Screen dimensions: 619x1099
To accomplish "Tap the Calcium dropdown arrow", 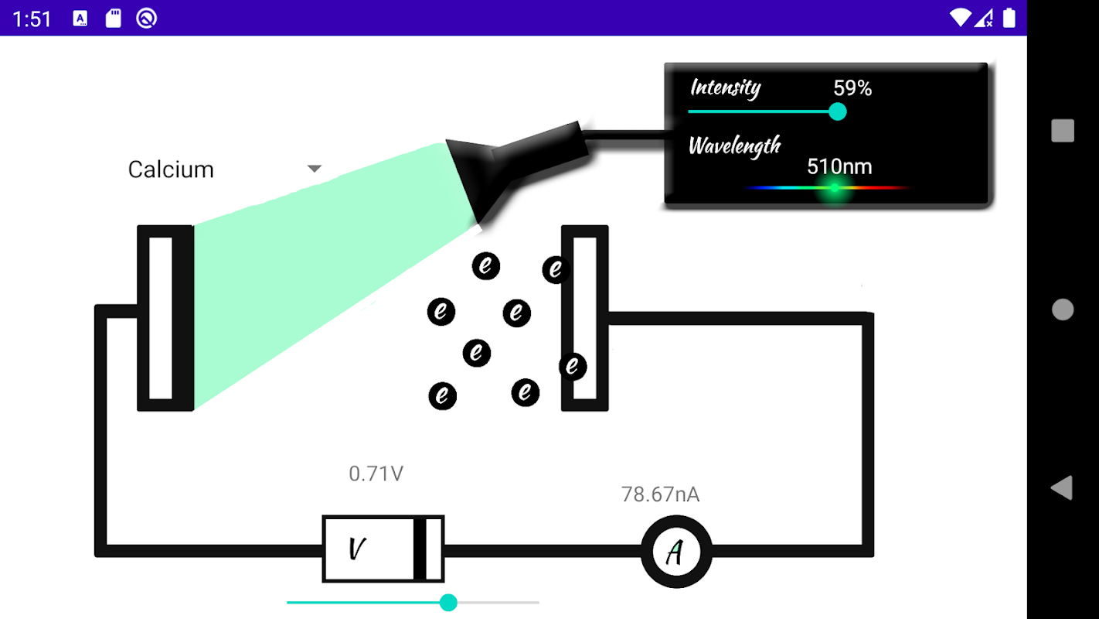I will [314, 169].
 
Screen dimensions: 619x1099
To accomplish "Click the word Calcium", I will [171, 169].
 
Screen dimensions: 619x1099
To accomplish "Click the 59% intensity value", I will [852, 89].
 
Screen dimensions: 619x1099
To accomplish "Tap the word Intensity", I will [725, 87].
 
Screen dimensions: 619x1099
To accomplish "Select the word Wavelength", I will [734, 145].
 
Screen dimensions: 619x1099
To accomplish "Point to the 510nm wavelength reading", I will [839, 166].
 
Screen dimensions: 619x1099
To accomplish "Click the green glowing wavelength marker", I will [835, 188].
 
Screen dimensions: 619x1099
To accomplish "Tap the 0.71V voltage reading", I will [376, 474].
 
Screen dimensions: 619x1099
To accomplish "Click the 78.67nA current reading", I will [661, 494].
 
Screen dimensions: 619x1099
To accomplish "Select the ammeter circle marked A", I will [675, 552].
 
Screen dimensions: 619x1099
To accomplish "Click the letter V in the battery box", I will [356, 549].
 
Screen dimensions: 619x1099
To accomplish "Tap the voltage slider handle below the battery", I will [448, 603].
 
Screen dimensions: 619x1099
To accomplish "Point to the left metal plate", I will [165, 318].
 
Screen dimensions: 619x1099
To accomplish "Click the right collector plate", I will [585, 318].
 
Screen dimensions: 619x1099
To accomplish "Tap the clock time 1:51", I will [32, 19].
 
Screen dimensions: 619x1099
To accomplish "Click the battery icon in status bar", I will [1009, 18].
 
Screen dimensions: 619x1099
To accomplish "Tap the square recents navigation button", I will [1063, 131].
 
